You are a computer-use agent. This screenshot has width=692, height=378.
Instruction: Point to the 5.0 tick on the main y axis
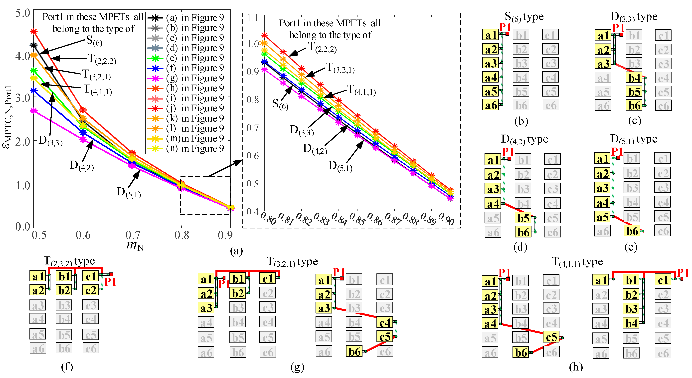(x=23, y=13)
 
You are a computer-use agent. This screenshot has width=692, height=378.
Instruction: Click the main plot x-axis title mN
(x=135, y=245)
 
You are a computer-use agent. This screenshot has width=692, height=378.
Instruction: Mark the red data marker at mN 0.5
(x=34, y=32)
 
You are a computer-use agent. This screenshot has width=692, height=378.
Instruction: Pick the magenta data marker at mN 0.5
(x=34, y=111)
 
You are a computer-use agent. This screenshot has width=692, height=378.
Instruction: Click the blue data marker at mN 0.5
(x=34, y=91)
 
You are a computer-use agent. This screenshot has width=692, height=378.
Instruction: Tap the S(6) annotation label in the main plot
(x=94, y=41)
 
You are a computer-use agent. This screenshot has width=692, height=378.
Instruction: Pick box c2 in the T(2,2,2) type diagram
(x=91, y=290)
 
